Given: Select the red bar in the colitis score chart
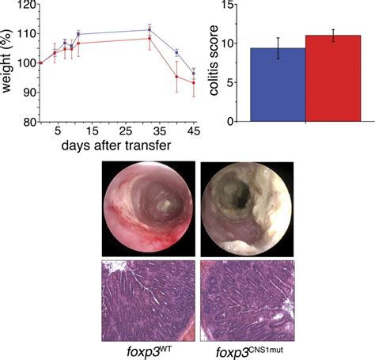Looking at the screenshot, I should (333, 79).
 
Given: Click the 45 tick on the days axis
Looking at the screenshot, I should (194, 131).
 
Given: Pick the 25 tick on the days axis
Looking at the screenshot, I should (126, 131).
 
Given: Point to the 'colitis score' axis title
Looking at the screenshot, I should (215, 63).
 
